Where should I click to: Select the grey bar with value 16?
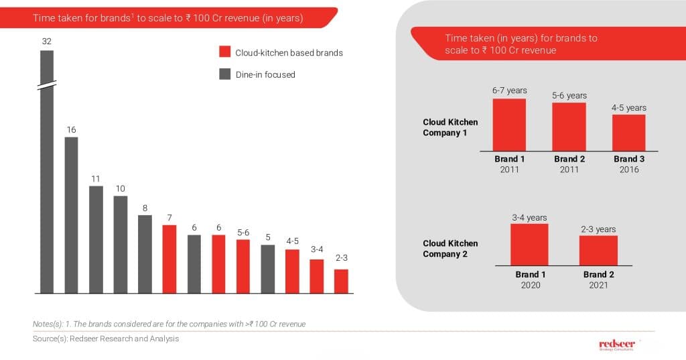pyautogui.click(x=71, y=215)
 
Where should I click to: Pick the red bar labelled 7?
pyautogui.click(x=169, y=259)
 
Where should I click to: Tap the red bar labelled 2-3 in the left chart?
pyautogui.click(x=341, y=281)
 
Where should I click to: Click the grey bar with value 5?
pyautogui.click(x=267, y=269)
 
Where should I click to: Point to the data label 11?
pyautogui.click(x=96, y=179)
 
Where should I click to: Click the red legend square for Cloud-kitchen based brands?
pyautogui.click(x=225, y=52)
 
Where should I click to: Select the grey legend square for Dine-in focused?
pyautogui.click(x=225, y=74)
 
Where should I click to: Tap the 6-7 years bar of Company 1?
pyautogui.click(x=509, y=125)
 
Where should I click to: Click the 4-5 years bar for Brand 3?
pyautogui.click(x=628, y=133)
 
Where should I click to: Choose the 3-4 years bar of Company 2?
pyautogui.click(x=529, y=245)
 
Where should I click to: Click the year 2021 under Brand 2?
pyautogui.click(x=598, y=285)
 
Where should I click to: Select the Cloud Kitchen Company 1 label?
pyautogui.click(x=450, y=127)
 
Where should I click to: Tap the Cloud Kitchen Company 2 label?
pyautogui.click(x=450, y=248)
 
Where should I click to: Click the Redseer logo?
pyautogui.click(x=617, y=345)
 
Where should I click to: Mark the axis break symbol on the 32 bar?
pyautogui.click(x=47, y=85)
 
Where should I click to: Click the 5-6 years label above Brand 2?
pyautogui.click(x=569, y=96)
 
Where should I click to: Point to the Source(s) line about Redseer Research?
pyautogui.click(x=106, y=339)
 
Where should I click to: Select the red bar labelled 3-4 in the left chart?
pyautogui.click(x=316, y=276)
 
